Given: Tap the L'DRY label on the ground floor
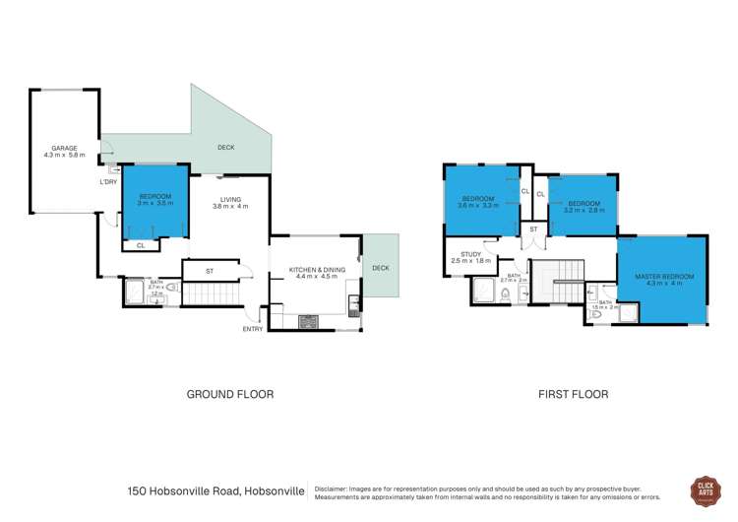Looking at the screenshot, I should [109, 182].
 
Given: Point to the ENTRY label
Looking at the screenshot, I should [253, 329].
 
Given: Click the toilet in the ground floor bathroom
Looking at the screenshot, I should [171, 287].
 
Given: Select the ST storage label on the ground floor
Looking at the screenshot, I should [210, 270].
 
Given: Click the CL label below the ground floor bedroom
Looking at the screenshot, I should [141, 245].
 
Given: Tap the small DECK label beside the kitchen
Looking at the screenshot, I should [381, 267].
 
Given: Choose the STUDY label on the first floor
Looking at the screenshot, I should [464, 254].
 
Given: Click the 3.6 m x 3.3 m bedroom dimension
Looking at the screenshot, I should [480, 206].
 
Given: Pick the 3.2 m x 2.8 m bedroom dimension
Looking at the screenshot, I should [584, 209].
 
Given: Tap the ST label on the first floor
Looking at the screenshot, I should [533, 228].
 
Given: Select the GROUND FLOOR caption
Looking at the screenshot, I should [230, 394].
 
